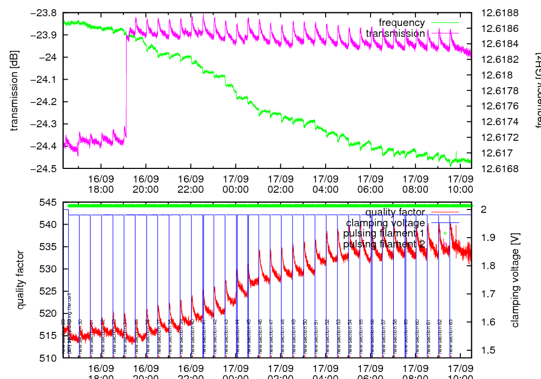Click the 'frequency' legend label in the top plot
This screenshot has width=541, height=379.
pyautogui.click(x=401, y=23)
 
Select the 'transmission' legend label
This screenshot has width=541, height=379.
pyautogui.click(x=395, y=34)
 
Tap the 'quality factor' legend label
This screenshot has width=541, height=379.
pyautogui.click(x=395, y=212)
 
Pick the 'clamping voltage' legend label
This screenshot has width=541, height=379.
pyautogui.click(x=385, y=223)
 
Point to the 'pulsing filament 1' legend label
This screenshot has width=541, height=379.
pyautogui.click(x=384, y=233)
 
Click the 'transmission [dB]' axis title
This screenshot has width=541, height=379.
pyautogui.click(x=15, y=90)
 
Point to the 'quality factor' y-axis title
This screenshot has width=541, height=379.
pyautogui.click(x=21, y=280)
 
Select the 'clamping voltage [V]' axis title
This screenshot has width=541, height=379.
pyautogui.click(x=515, y=280)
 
